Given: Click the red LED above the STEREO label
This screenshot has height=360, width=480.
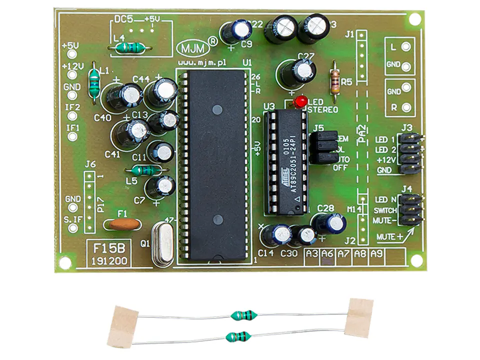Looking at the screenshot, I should pos(300,102).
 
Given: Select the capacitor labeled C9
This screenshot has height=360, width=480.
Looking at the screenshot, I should pos(240,30).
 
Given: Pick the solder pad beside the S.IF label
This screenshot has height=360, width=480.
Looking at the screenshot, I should pos(73,228).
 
